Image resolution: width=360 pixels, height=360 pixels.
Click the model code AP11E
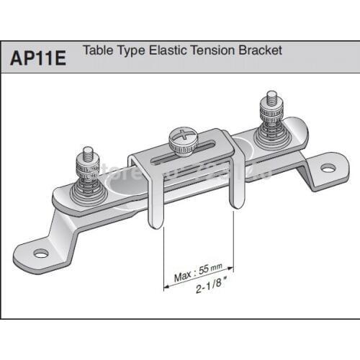click(38, 57)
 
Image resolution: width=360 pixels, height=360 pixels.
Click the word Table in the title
click(96, 51)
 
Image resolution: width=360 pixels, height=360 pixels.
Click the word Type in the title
click(129, 52)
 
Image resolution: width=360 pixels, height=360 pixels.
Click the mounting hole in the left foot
click(41, 253)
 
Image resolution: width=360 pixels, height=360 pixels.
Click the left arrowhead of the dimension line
click(167, 286)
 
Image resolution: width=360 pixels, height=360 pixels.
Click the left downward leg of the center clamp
click(150, 205)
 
